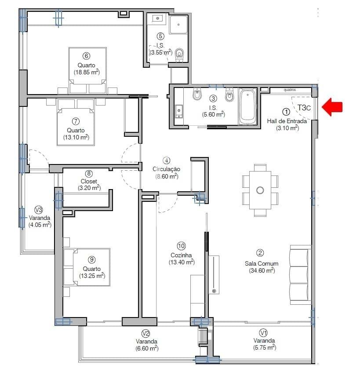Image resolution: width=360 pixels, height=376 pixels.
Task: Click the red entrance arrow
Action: pos(333,107)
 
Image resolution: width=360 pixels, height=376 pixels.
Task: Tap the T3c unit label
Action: pos(304,107)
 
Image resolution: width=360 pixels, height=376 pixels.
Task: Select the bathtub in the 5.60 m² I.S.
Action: pos(248,107)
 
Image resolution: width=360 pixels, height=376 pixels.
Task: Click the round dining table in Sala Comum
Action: pos(260,190)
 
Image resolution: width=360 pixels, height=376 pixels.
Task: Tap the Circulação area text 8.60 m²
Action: pos(167,176)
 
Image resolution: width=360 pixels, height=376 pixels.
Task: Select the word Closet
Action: pos(89,181)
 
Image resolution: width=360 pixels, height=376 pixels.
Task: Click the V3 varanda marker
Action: pos(39,209)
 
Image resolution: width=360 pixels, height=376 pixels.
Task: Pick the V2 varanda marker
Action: pos(146,333)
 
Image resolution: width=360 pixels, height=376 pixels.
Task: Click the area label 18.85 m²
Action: pos(86,73)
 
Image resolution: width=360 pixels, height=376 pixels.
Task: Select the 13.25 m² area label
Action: pos(92,276)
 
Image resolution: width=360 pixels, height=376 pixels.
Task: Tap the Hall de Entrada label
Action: pos(287,121)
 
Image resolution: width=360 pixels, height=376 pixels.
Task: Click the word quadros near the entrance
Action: pos(290,90)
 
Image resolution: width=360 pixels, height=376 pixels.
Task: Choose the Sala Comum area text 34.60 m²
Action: pos(262,270)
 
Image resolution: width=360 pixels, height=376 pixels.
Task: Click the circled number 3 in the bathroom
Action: pos(213,99)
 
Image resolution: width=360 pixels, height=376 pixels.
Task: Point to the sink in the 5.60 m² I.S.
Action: pos(179,111)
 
